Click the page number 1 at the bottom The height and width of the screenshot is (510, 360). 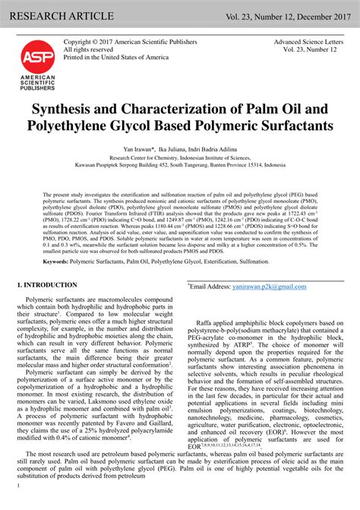click(17, 505)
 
